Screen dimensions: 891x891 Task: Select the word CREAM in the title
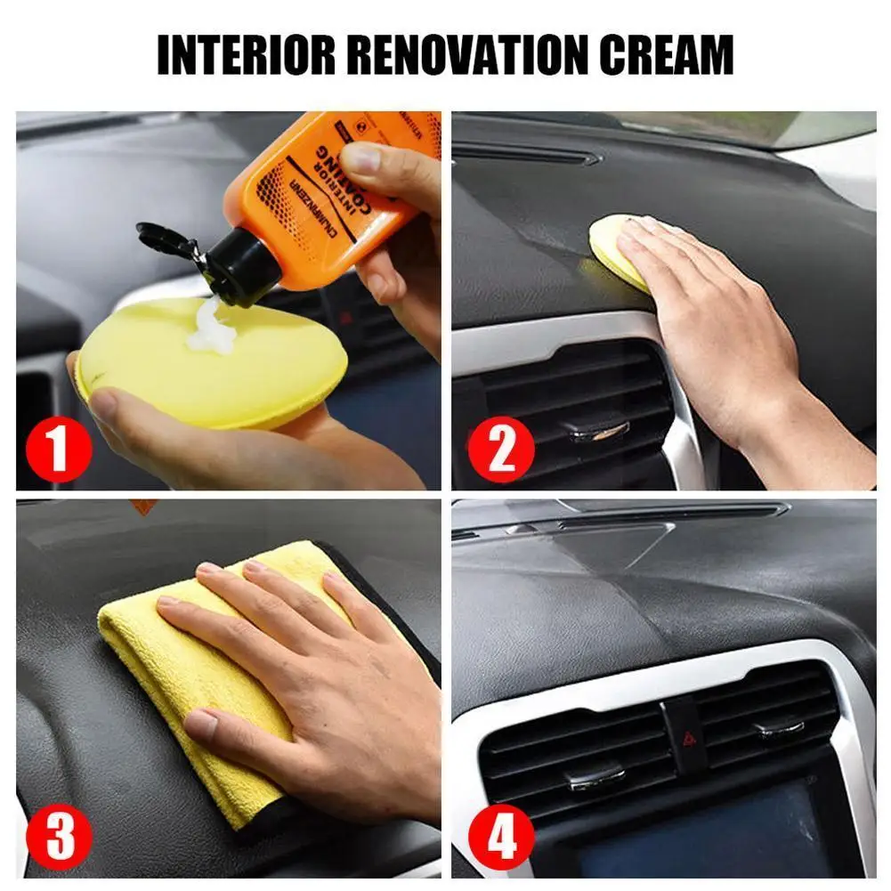(668, 55)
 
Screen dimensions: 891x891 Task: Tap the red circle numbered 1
(58, 447)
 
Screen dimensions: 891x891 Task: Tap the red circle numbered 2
(501, 447)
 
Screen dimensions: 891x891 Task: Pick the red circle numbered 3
(58, 837)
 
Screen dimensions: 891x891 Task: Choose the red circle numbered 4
(501, 837)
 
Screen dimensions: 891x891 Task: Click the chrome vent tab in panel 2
(598, 431)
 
